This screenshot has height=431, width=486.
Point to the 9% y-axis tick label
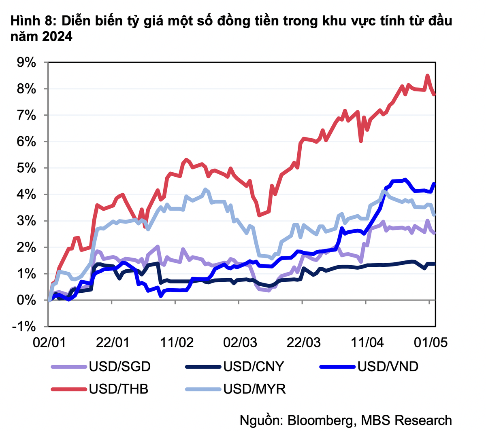tap(26, 63)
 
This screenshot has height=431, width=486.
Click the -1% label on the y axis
tap(24, 327)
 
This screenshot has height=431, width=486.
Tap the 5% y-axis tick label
tap(26, 168)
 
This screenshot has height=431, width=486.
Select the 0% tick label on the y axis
tap(26, 300)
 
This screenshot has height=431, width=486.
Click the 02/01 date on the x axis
tap(49, 343)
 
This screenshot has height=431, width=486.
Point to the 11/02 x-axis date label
tap(177, 343)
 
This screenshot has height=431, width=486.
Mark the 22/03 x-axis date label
tap(304, 343)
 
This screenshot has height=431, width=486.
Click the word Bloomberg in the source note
tap(320, 420)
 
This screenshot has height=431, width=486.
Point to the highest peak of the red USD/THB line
tap(427, 76)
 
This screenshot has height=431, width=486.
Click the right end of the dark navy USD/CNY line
tap(435, 264)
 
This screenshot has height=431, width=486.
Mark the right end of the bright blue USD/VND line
tap(434, 184)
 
